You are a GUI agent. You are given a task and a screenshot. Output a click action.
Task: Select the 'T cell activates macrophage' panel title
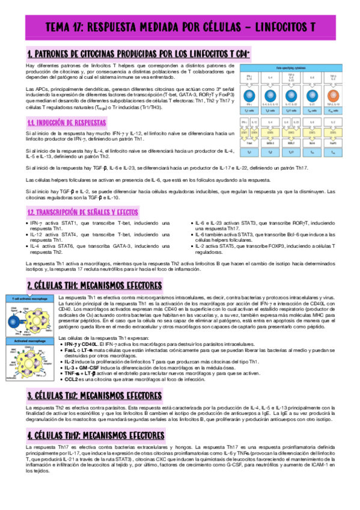click(29, 298)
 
